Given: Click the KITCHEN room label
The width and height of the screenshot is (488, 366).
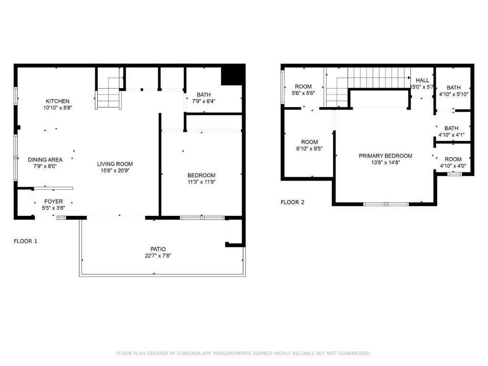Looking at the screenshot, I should (58, 101).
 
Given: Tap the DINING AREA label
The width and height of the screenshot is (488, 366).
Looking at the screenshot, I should (45, 160).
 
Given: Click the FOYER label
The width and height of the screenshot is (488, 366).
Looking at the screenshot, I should (53, 202).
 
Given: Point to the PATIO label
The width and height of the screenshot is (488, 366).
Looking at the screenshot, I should (158, 249).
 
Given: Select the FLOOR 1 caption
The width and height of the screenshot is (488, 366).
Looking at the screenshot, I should (26, 241).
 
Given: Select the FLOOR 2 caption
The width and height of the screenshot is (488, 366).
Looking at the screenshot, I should (292, 202).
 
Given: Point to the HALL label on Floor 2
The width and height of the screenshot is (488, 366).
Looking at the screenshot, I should (422, 81).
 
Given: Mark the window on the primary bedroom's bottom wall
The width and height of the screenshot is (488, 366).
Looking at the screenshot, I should (386, 204).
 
